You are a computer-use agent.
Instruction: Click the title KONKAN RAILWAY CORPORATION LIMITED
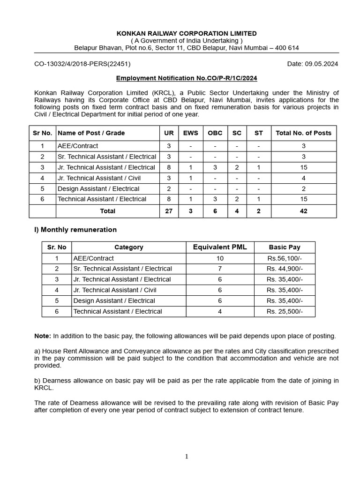coord(187,33)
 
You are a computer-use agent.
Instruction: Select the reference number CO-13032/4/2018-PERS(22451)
coord(82,64)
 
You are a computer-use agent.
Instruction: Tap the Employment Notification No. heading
coord(187,78)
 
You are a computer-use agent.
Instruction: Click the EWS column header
coord(190,133)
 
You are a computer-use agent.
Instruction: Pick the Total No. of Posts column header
coord(303,133)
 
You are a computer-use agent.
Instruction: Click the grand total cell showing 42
coord(303,211)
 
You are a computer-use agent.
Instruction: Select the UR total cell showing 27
coord(169,211)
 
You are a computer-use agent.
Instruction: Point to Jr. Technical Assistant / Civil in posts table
coord(99,178)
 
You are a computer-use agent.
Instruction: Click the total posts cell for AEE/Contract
coord(303,146)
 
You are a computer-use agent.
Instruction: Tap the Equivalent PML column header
coord(220,247)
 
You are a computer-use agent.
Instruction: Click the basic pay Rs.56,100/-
coord(285,258)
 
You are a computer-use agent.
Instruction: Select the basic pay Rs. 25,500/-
coord(285,312)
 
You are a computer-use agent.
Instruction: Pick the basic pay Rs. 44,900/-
coord(285,269)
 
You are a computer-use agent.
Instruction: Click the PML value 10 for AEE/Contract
coord(220,258)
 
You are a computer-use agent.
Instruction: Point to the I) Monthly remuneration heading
coord(75,230)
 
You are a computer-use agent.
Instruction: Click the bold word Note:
coord(43,336)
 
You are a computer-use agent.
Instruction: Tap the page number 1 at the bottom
coord(187,457)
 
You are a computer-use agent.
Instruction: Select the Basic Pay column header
coord(285,247)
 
